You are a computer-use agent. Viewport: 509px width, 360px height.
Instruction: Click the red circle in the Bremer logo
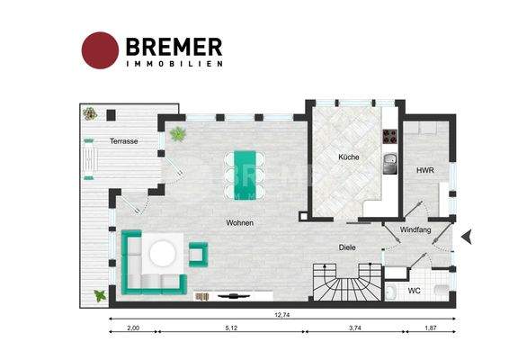pos(100,50)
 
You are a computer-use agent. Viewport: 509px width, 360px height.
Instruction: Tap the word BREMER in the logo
pos(174,47)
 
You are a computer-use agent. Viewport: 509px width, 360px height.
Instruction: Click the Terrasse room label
pos(124,141)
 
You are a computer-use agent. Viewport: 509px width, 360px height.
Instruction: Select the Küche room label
pos(349,157)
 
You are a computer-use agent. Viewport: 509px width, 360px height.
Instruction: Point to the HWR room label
pos(425,170)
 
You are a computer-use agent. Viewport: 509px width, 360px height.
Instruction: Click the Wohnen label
pos(239,223)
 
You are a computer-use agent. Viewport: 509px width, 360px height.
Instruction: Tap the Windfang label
pos(415,229)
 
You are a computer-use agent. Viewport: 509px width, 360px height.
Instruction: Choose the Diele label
pos(347,247)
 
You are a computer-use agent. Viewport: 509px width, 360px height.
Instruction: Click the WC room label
pos(414,291)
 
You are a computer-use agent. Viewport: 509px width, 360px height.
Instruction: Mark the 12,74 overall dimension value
pos(282,314)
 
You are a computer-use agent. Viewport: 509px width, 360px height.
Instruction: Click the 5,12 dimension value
pos(231,328)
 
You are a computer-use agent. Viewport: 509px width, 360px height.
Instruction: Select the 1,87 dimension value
pos(431,328)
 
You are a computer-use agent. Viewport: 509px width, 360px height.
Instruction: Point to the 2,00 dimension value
pos(133,328)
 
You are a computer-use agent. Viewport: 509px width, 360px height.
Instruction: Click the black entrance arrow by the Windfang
pos(467,236)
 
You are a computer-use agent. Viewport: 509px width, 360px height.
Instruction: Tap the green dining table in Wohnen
pos(246,175)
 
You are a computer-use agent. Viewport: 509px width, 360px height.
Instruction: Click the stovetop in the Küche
pos(390,137)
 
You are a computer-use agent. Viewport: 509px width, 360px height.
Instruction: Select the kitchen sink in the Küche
pos(390,164)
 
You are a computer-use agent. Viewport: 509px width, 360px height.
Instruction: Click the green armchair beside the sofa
pos(199,255)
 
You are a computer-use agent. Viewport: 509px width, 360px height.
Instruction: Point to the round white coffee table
pos(163,253)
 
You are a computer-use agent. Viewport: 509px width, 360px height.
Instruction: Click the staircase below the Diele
pos(348,282)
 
